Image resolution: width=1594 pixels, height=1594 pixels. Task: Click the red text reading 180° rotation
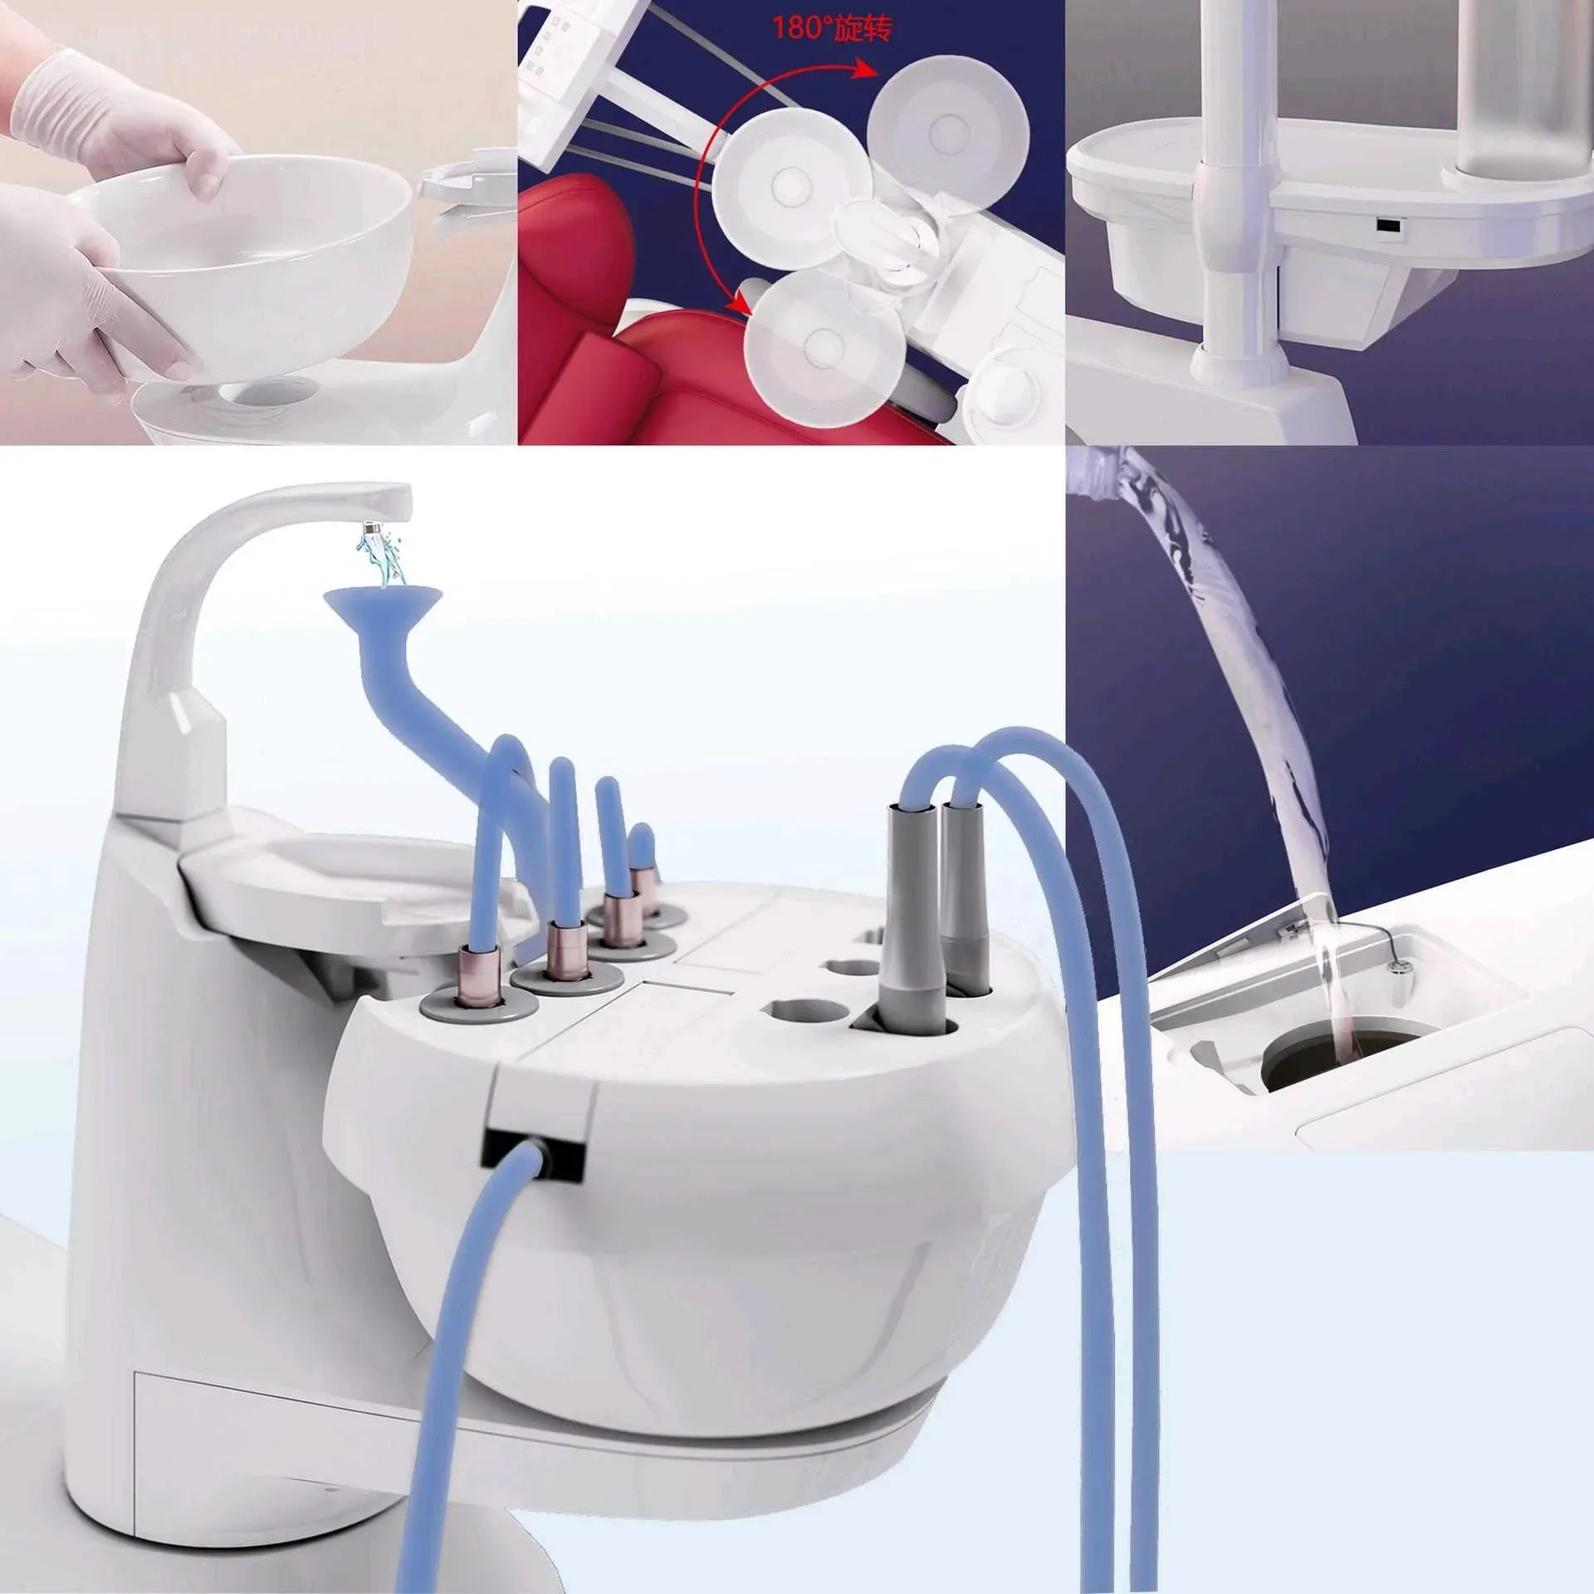(x=834, y=28)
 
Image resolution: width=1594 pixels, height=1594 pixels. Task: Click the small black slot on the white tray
(x=1386, y=226)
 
